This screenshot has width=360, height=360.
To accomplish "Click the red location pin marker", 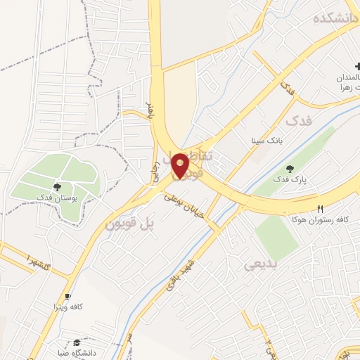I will tap(181, 165).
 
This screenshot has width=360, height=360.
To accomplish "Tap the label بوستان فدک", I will tap(58, 199).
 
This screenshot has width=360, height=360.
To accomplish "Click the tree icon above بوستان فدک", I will tap(57, 187).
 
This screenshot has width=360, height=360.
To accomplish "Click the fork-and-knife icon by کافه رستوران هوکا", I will tap(321, 209).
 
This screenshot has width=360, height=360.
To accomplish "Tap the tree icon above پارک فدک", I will tap(290, 168).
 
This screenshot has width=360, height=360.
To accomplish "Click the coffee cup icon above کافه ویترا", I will tap(67, 296).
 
